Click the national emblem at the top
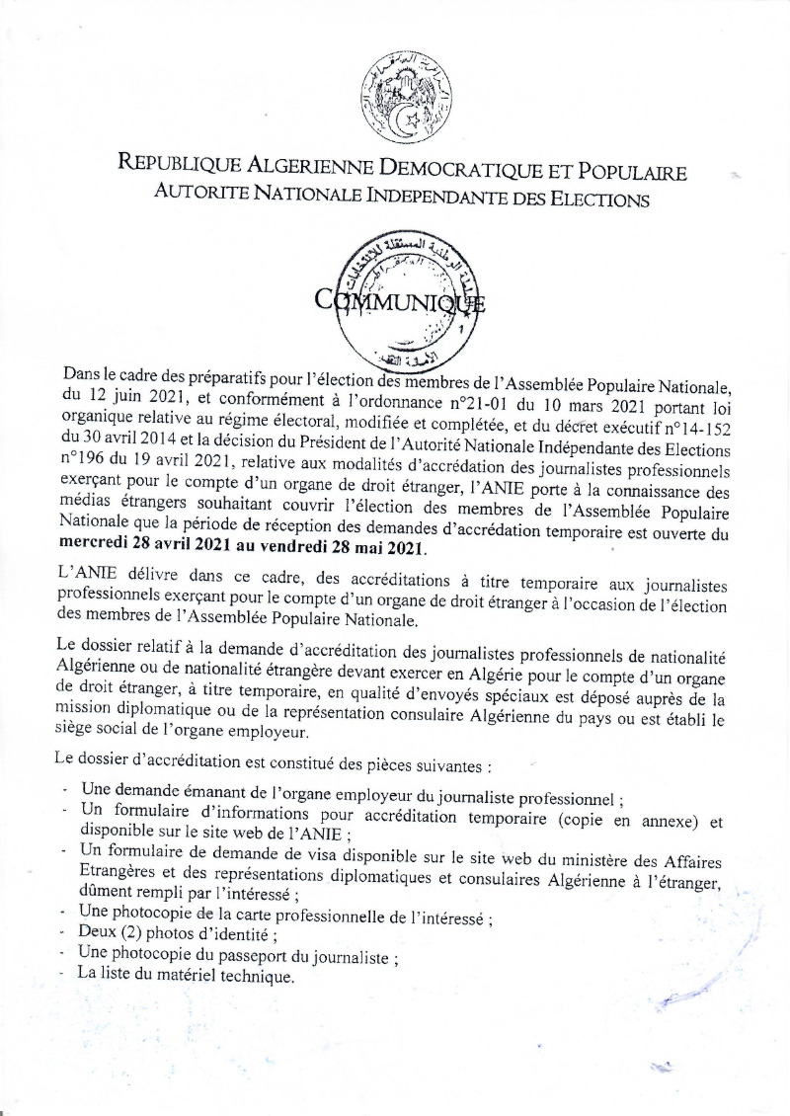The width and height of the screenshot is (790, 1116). [x=406, y=100]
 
